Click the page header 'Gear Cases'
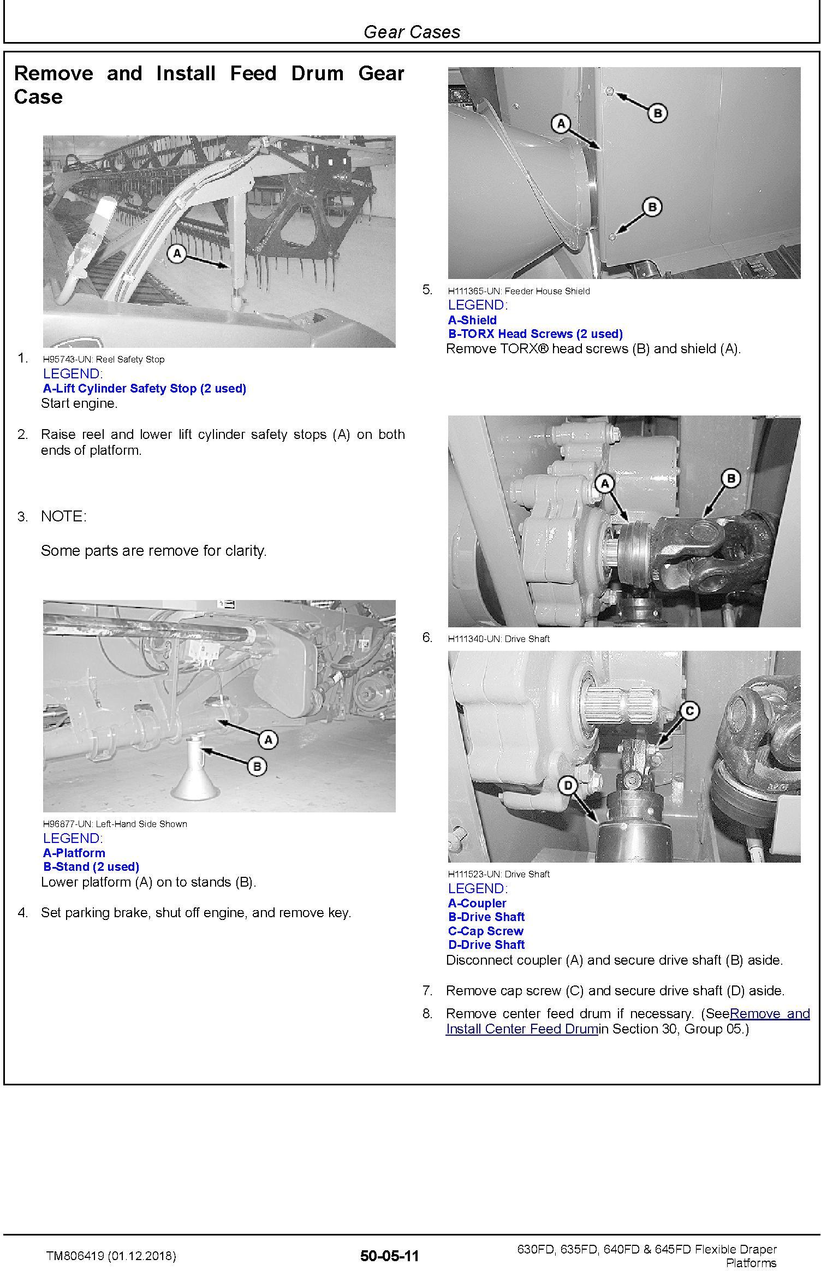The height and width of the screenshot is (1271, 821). [x=412, y=32]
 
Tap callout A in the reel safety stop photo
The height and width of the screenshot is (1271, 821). [x=177, y=254]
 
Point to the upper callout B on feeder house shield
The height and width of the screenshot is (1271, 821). [x=657, y=114]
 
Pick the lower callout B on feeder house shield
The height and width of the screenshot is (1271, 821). [x=652, y=207]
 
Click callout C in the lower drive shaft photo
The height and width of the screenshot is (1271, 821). [x=690, y=711]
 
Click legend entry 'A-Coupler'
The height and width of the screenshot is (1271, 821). [x=477, y=904]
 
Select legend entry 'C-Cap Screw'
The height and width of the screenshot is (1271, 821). [x=485, y=931]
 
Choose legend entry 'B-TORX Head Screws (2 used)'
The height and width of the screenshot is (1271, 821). [x=535, y=334]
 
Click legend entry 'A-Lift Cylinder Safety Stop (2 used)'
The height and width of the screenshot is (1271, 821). [x=145, y=389]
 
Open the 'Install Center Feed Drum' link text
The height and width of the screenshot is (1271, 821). [x=522, y=1029]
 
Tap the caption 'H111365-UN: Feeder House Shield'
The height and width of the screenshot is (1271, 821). [x=519, y=292]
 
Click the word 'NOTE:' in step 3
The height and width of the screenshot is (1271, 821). [x=63, y=516]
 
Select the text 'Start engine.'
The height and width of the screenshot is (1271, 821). [x=79, y=404]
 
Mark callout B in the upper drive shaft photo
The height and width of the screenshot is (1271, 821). [x=730, y=479]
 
